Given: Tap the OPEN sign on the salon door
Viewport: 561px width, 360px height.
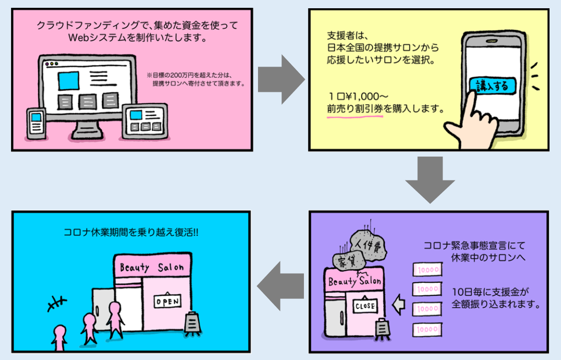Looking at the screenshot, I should (167, 301).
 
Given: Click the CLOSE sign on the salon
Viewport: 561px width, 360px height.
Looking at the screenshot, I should (365, 305).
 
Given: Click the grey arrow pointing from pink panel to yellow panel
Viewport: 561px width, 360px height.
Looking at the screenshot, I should (280, 79).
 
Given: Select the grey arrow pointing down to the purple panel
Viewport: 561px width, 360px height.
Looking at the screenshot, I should (430, 180).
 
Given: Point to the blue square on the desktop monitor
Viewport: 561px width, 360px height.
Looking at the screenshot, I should (68, 81).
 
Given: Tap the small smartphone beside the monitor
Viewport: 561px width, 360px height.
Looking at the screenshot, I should (36, 123).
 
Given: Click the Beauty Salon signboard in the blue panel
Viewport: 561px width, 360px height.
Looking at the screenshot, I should (152, 267).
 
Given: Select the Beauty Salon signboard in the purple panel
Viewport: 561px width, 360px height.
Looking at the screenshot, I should (354, 280).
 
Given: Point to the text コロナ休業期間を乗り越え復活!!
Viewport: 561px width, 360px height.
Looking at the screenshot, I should (131, 233).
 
